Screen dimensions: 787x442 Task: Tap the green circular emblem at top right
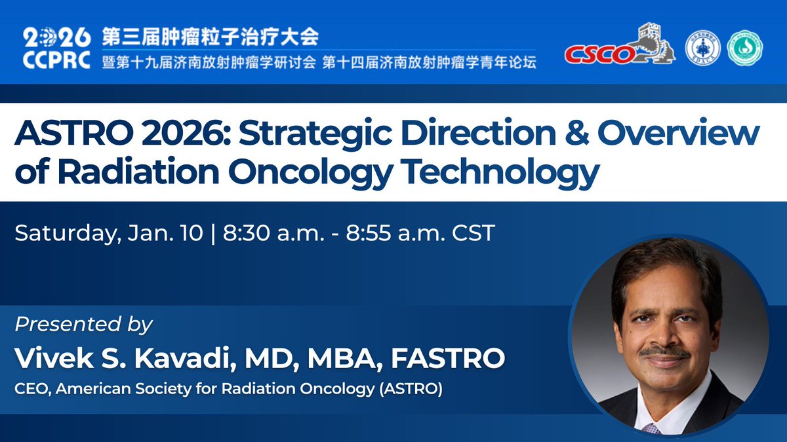pyautogui.click(x=744, y=49)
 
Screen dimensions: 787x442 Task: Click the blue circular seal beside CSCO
pyautogui.click(x=702, y=49)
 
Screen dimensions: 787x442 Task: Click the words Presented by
pyautogui.click(x=84, y=324)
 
